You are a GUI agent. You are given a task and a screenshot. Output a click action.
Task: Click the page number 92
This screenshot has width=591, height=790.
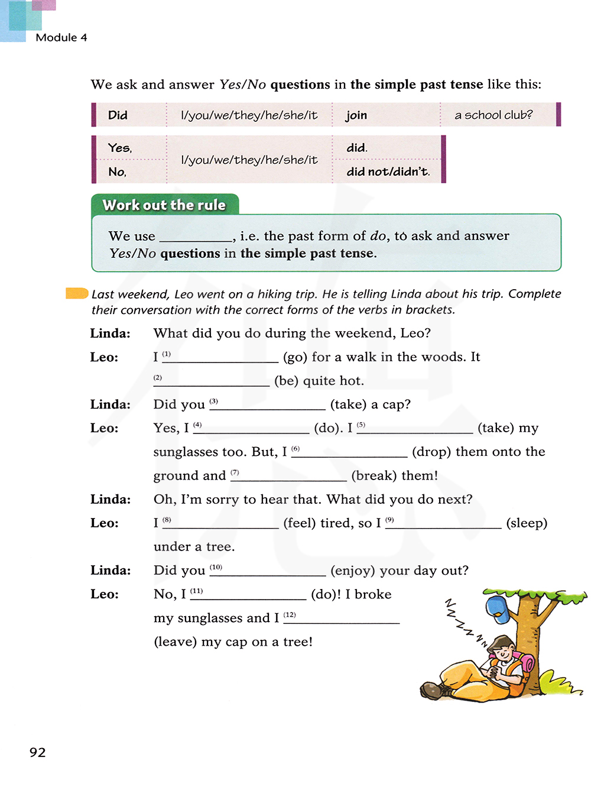click(x=37, y=752)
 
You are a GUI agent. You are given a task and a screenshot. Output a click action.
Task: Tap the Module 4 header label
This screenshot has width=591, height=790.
click(x=61, y=37)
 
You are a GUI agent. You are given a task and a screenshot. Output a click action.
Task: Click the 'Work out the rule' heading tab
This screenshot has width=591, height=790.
click(x=164, y=205)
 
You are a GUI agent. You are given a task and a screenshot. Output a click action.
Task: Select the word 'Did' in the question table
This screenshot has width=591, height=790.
click(x=118, y=115)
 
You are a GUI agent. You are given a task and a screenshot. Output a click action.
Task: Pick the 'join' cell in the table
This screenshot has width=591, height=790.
click(x=356, y=115)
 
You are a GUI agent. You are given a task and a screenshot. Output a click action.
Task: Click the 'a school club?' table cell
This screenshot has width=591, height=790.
click(x=493, y=115)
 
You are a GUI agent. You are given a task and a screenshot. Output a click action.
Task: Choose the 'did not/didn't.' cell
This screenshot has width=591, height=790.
click(x=388, y=171)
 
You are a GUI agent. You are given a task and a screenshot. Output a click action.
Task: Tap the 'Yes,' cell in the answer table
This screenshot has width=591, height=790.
click(x=120, y=148)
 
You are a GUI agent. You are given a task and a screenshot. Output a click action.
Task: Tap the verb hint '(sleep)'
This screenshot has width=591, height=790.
click(x=527, y=523)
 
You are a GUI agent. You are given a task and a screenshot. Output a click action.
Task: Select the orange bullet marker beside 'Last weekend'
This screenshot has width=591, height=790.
click(x=77, y=293)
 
